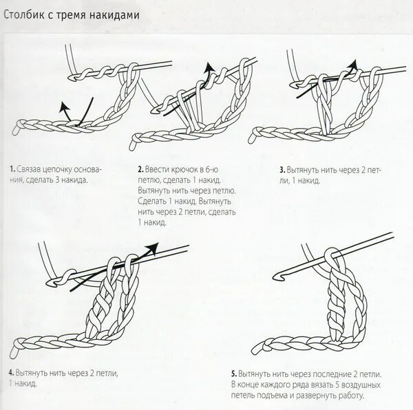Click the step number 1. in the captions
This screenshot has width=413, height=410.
[x=12, y=169]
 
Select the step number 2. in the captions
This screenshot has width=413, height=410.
[x=140, y=169]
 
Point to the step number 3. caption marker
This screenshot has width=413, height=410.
[x=282, y=169]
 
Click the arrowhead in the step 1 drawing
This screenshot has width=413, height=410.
[x=64, y=105]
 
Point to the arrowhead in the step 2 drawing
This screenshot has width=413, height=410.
[x=207, y=67]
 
